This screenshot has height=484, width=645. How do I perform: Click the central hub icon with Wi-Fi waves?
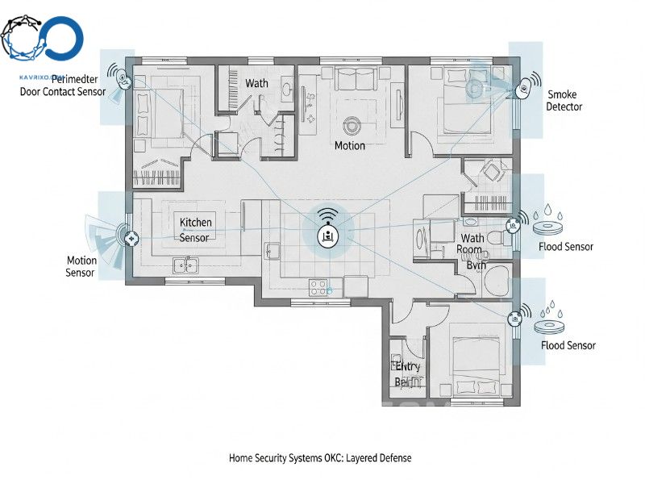[x=327, y=233]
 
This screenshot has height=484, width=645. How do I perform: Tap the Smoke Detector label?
[x=564, y=101]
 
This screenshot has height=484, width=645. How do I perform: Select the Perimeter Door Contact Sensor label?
[x=63, y=86]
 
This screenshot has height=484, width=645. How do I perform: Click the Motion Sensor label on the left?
[x=81, y=267]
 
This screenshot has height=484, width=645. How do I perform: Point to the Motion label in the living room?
[x=350, y=146]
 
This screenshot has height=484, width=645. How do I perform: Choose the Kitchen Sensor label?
[x=195, y=230]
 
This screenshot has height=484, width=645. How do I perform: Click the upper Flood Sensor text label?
[x=567, y=247]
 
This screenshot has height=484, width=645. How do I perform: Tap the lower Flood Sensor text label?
[x=568, y=345]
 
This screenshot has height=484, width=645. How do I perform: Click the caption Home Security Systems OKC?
[x=320, y=458]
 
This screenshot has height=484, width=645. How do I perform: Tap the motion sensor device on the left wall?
[x=129, y=238]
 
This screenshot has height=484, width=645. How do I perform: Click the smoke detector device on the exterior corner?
[x=524, y=85]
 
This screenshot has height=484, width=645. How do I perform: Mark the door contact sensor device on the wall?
[x=122, y=79]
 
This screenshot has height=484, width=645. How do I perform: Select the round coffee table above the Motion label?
[x=352, y=125]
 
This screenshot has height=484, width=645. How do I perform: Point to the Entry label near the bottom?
[x=407, y=367]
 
